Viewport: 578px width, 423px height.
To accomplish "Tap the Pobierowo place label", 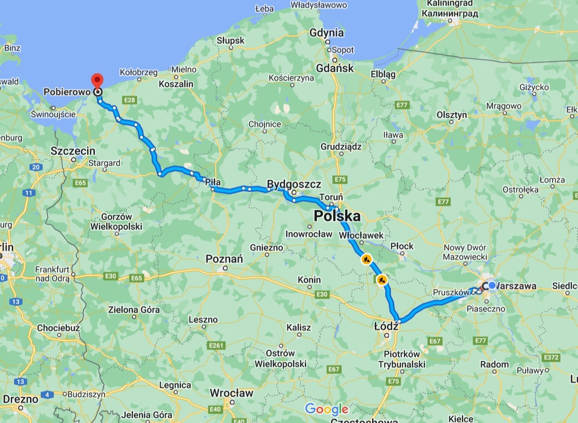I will point(66,92).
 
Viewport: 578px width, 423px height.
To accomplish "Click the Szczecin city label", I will point(73,151).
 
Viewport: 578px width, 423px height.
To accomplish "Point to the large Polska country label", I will point(337,216).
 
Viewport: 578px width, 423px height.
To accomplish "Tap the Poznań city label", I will point(225,259).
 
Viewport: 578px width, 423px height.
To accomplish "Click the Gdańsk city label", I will point(335,68).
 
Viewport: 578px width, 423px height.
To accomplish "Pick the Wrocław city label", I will point(231,393).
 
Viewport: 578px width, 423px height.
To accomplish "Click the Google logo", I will point(327,409).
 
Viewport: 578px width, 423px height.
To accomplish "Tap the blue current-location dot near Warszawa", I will point(492,285).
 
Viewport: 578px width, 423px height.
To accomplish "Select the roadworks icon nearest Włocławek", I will point(366,259).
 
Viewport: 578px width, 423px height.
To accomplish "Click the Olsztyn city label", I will point(452,115).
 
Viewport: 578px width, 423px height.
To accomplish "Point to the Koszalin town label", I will point(176,84).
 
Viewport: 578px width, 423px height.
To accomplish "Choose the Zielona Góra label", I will point(134,309).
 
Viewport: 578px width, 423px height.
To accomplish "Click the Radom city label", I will point(495,364).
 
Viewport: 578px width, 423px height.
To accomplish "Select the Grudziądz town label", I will point(341,146).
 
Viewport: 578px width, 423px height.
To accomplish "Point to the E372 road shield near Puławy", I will point(552,357).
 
